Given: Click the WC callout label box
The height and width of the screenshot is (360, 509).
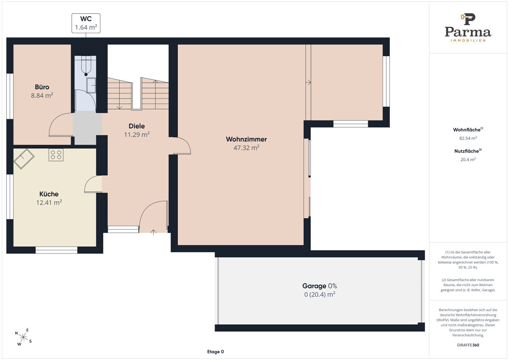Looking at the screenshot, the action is coord(86,23).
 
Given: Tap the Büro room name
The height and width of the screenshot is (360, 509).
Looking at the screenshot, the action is coord(42,87).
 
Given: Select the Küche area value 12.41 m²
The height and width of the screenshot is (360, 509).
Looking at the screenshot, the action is coord(49,202).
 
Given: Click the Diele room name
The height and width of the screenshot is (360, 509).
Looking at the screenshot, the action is coord(137,126).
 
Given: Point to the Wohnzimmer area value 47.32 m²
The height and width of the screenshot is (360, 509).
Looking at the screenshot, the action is coord(246,148).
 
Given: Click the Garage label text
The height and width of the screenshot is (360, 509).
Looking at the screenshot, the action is coord(314,286).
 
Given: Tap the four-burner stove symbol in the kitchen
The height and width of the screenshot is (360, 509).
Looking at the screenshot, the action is coord(56,155).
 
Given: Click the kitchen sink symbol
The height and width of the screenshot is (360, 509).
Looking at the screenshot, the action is coord(24,159).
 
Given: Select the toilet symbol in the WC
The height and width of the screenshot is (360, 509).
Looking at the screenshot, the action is coord(86,65).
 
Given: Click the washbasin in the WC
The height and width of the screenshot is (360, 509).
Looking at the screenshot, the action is coord(91,85).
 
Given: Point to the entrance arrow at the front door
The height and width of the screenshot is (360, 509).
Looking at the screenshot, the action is coord(154,232).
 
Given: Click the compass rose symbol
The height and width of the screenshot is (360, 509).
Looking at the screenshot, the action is coord(23,337).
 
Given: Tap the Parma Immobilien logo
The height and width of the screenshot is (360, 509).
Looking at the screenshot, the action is coord(468,28).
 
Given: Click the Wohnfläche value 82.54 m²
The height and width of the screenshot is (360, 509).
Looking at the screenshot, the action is coord(468,138).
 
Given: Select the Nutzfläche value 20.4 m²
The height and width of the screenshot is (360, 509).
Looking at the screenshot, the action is coord(468,160).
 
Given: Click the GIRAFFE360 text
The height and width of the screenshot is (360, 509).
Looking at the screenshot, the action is coord(468,345).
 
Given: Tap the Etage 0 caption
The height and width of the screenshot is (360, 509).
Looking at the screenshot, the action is coord(215,352).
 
